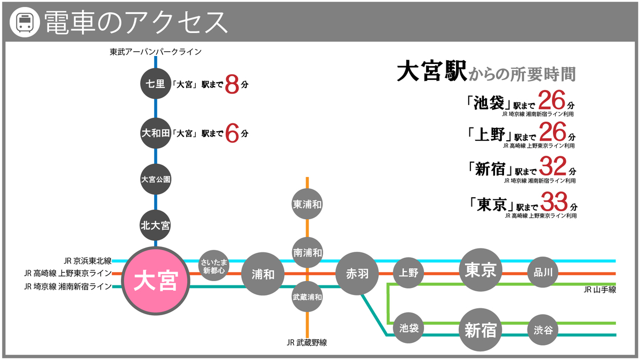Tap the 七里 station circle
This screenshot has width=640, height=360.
(155, 84)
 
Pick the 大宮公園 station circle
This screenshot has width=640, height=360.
(155, 180)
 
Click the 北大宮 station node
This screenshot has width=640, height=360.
(155, 226)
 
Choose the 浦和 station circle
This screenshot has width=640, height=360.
(262, 274)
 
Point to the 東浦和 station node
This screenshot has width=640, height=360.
(307, 204)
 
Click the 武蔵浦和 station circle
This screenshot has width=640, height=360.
(307, 297)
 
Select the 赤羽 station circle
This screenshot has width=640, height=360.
(357, 274)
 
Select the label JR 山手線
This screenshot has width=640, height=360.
(599, 290)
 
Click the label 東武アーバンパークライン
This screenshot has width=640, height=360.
(155, 52)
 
